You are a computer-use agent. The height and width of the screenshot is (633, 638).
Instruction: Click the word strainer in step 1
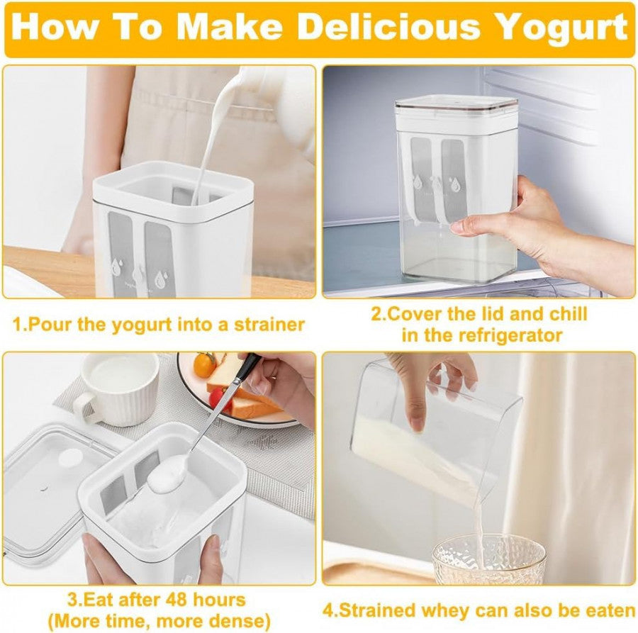(269, 325)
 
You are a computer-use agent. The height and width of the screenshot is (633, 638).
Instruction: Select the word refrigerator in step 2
(510, 335)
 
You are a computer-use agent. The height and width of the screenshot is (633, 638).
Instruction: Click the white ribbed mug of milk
(117, 388)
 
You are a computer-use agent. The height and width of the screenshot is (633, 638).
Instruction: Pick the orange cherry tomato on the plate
(204, 365)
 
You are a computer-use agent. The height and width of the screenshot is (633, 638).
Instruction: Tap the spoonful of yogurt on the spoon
(167, 474)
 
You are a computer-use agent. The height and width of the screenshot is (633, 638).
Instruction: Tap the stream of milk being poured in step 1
(214, 134)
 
